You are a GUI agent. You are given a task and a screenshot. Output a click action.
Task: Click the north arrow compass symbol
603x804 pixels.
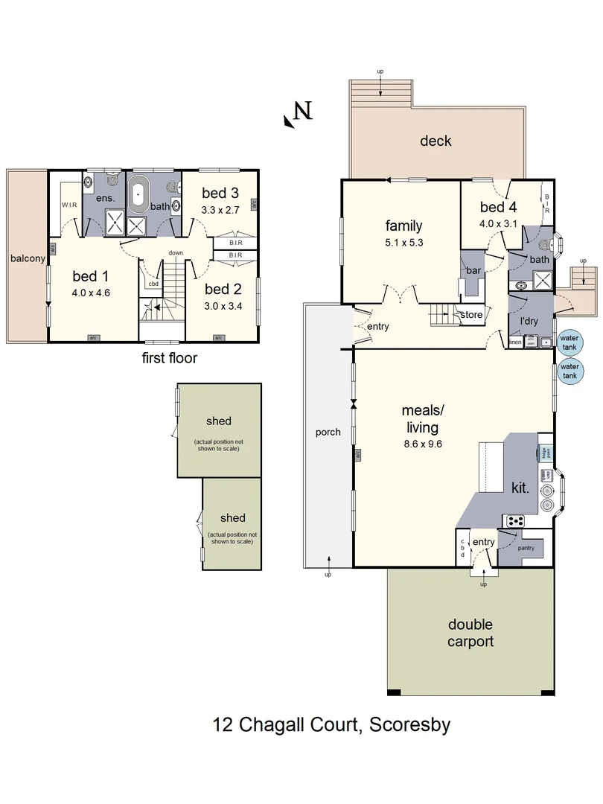[297, 114]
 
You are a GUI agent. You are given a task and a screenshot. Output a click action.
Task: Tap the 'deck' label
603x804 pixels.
[435, 141]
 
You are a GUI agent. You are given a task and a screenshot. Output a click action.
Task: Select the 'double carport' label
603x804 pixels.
[470, 633]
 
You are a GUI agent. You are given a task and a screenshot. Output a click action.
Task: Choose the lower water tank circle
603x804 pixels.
[569, 371]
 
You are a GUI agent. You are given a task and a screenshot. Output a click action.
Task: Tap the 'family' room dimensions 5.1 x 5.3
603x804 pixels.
[403, 242]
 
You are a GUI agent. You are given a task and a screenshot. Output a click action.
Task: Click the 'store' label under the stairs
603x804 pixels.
[471, 315]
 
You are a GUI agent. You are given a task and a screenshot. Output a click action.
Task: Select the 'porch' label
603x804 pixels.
[328, 432]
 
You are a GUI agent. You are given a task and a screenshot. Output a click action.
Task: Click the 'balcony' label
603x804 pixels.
[27, 258]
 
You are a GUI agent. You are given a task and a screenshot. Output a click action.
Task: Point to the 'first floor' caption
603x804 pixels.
[169, 358]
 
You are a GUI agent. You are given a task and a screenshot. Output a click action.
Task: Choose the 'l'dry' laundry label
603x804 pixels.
[529, 321]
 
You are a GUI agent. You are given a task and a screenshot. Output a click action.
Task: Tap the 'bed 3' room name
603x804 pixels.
[220, 194]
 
